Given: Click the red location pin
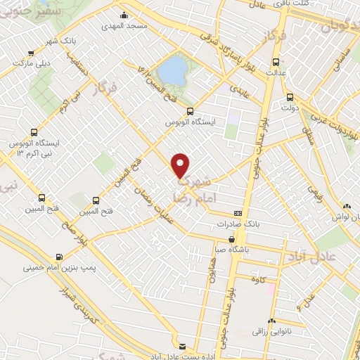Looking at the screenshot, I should click(181, 164).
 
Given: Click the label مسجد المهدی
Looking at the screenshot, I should click(126, 26).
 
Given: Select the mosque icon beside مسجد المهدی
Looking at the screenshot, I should click(124, 15).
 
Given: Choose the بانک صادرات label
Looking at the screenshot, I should click(238, 224).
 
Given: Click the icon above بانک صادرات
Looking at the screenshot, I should click(238, 213).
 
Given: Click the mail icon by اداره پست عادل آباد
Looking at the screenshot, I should click(182, 347).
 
